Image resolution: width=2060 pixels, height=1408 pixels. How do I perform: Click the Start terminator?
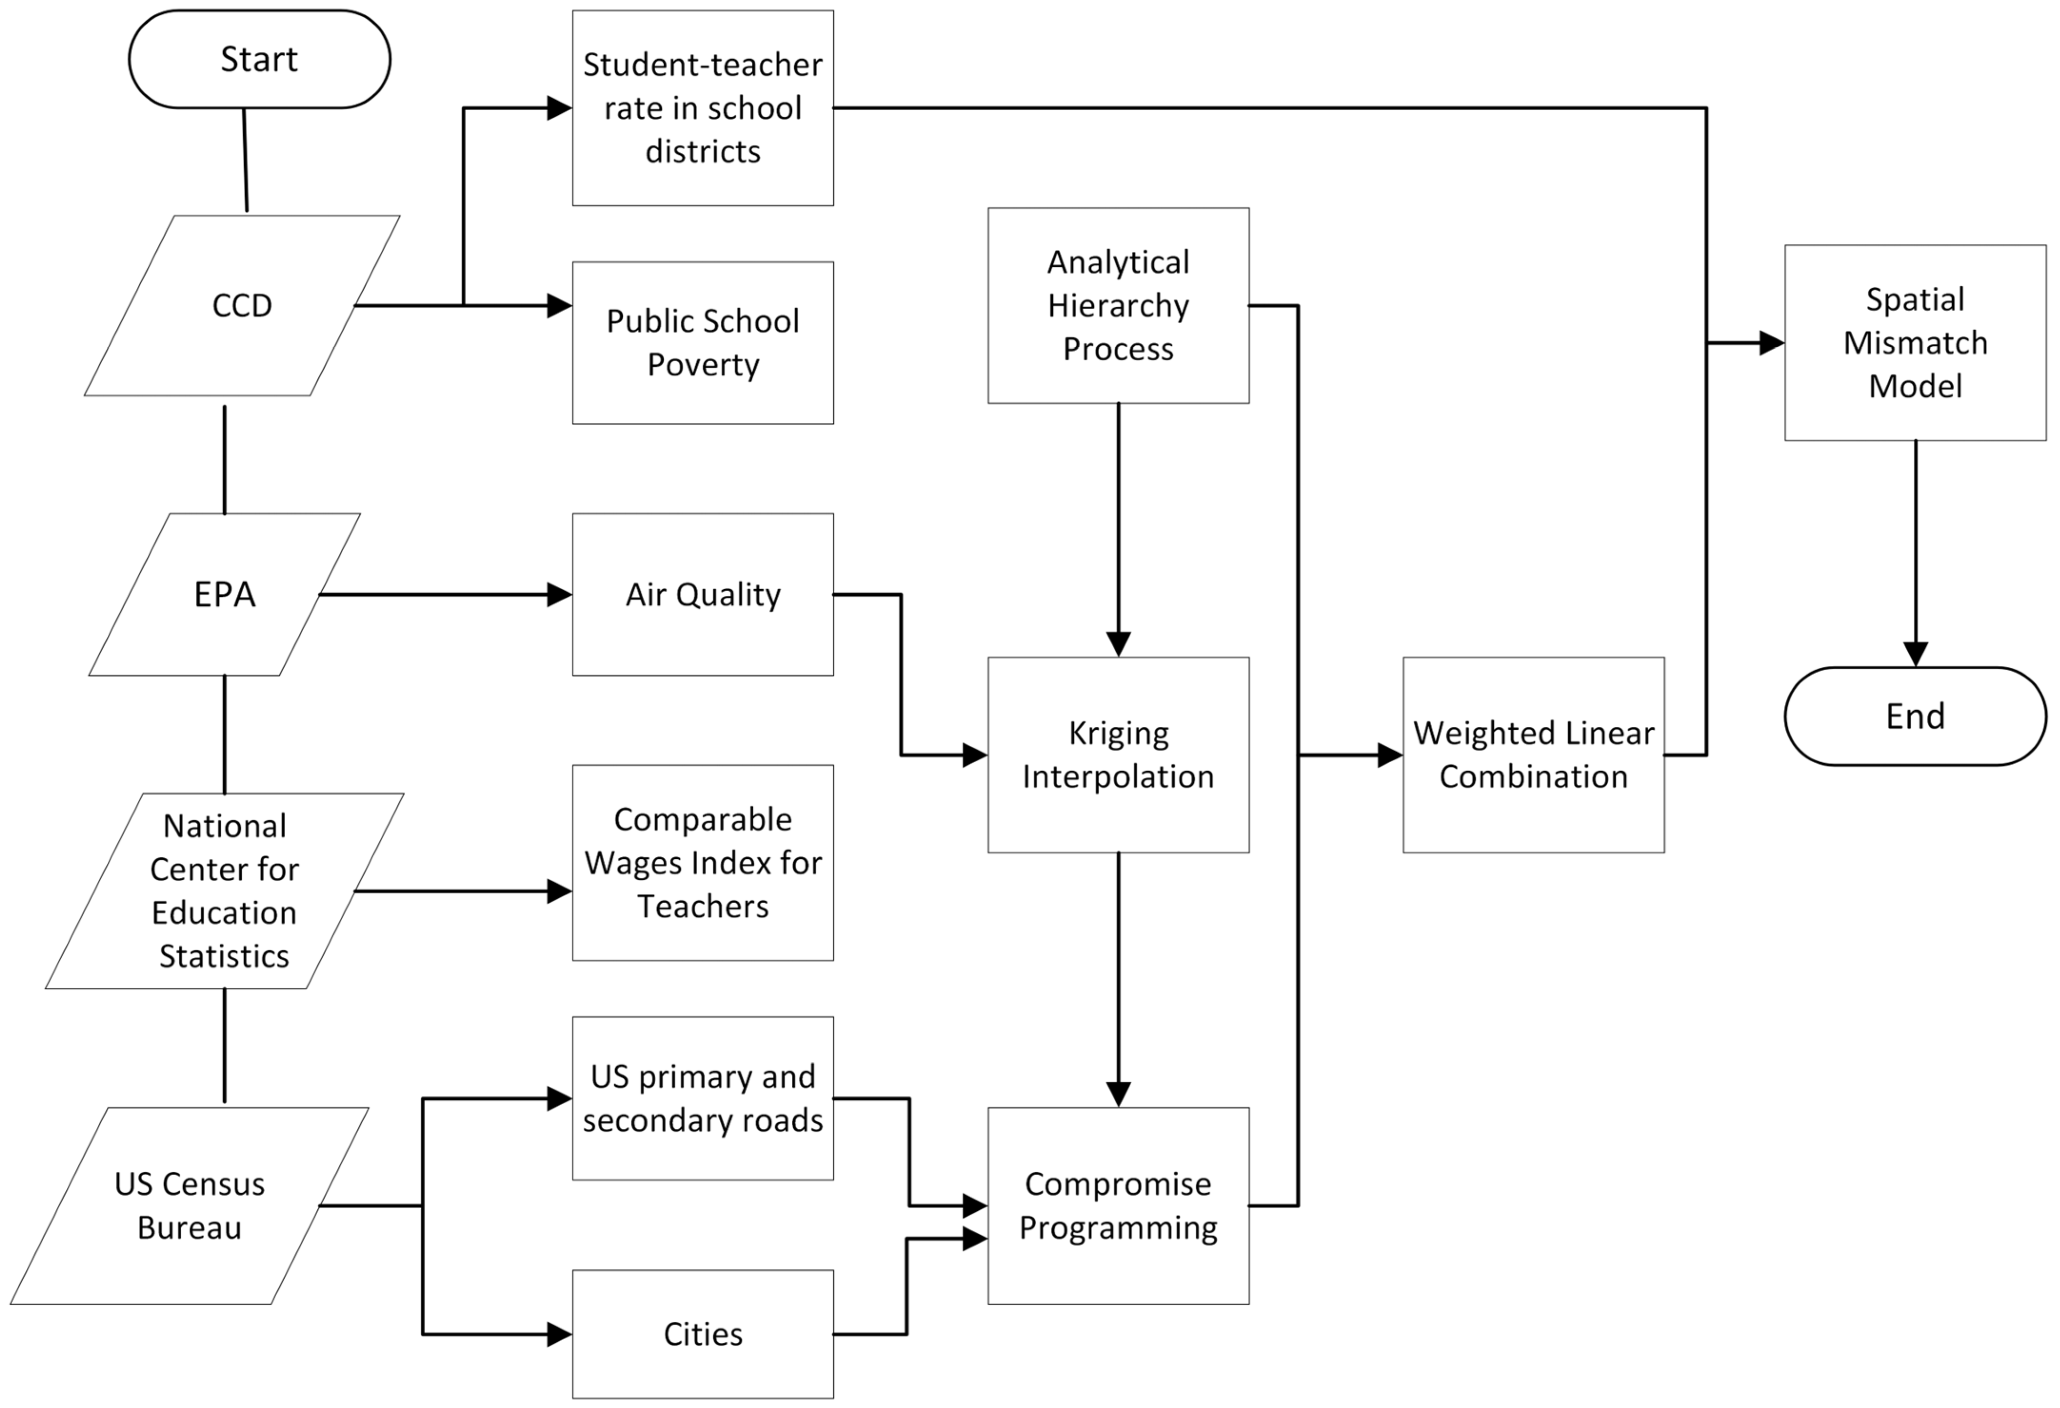259,59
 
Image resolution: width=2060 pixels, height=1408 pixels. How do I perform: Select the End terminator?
1915,716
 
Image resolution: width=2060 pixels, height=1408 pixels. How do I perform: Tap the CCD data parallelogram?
241,305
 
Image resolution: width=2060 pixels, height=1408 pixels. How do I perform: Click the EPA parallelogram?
224,595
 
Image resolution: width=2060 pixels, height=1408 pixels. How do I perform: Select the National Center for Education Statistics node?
224,891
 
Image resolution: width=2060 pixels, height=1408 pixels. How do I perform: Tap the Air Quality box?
702,595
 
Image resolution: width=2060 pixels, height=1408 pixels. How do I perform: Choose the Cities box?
702,1334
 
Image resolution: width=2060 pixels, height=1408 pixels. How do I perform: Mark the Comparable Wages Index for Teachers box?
702,862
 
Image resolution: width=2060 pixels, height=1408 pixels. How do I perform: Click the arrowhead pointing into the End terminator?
1915,654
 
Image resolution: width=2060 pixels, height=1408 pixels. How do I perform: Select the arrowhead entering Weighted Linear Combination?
1389,755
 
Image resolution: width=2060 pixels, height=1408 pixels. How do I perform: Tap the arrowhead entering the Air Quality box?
560,595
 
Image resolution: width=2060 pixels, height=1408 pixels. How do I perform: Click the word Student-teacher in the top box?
702,65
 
